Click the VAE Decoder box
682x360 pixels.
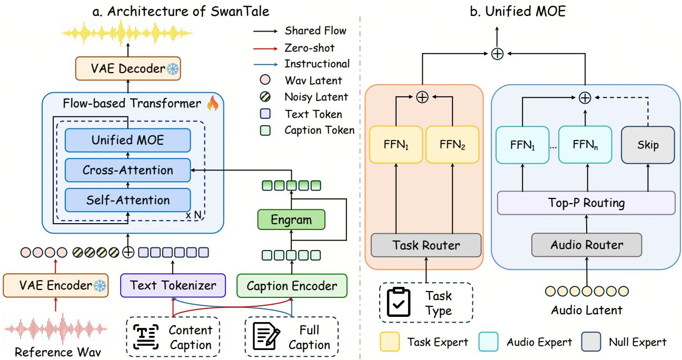128,68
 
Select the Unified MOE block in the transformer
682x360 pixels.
128,140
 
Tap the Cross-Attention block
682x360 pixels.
128,170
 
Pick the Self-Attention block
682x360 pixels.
128,200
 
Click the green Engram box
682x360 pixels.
291,219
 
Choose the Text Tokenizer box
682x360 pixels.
173,285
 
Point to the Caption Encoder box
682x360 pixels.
292,286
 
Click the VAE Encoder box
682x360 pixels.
55,285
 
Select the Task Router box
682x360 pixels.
426,245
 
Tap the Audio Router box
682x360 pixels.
587,245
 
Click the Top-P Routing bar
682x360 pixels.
586,203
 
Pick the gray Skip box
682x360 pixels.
648,145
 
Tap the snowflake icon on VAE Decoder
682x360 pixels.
173,69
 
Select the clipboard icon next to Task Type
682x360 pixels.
399,302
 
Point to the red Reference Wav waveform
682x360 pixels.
56,329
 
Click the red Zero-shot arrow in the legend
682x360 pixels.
265,48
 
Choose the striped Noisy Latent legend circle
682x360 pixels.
265,97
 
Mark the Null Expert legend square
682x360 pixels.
591,342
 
